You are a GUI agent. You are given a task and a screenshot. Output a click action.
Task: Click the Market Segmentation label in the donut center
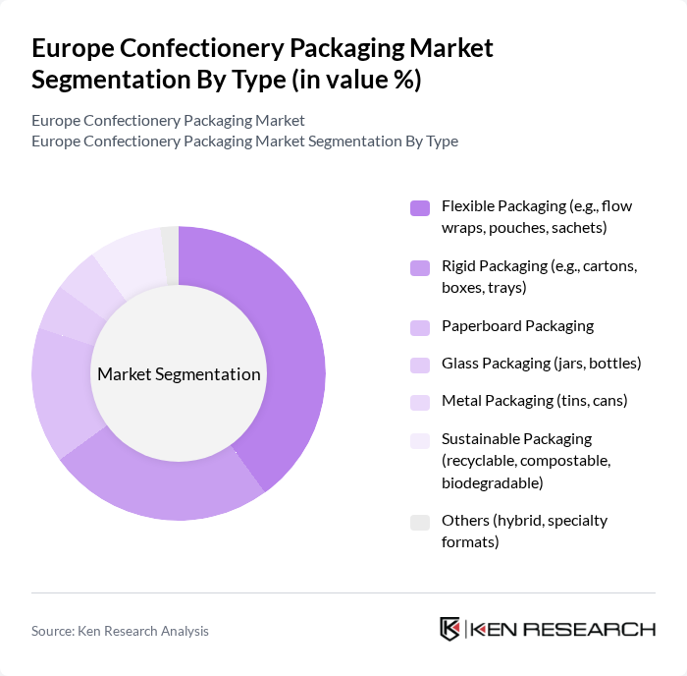point(179,374)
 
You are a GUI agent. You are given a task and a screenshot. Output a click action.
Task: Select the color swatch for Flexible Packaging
point(420,207)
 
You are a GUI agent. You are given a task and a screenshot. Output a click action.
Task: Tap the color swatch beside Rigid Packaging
point(420,266)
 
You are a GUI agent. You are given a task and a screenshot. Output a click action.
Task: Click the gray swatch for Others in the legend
point(420,522)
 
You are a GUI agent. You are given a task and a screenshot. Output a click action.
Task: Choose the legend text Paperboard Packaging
point(517,325)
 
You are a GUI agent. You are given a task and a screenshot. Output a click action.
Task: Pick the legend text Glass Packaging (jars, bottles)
point(541,364)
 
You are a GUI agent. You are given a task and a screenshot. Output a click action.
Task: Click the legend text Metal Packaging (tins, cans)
point(534,401)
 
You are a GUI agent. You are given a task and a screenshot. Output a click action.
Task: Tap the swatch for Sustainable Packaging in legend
point(420,440)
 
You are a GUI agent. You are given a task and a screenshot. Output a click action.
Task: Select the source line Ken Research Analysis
point(120,631)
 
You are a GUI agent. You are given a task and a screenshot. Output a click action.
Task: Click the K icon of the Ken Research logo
point(450,629)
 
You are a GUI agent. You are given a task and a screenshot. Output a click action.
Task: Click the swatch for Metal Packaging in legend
point(420,402)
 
